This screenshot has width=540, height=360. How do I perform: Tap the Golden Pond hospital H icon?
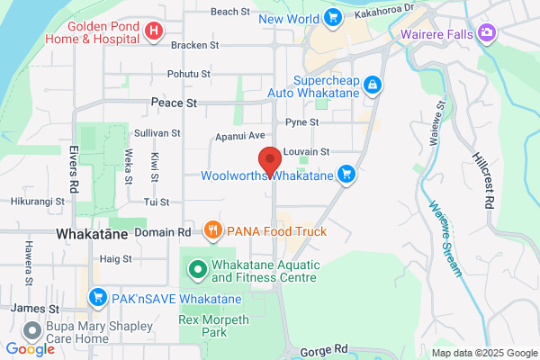point(153,31)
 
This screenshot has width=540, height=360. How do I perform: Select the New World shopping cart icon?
point(333,16)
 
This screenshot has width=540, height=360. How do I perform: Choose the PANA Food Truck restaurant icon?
point(212,230)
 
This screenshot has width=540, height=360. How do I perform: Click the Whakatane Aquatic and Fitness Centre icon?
point(197,268)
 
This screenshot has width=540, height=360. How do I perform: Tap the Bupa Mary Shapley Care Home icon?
point(33,332)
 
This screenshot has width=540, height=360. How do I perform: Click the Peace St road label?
point(174,103)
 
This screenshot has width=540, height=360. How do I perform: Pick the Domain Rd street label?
point(162,232)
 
